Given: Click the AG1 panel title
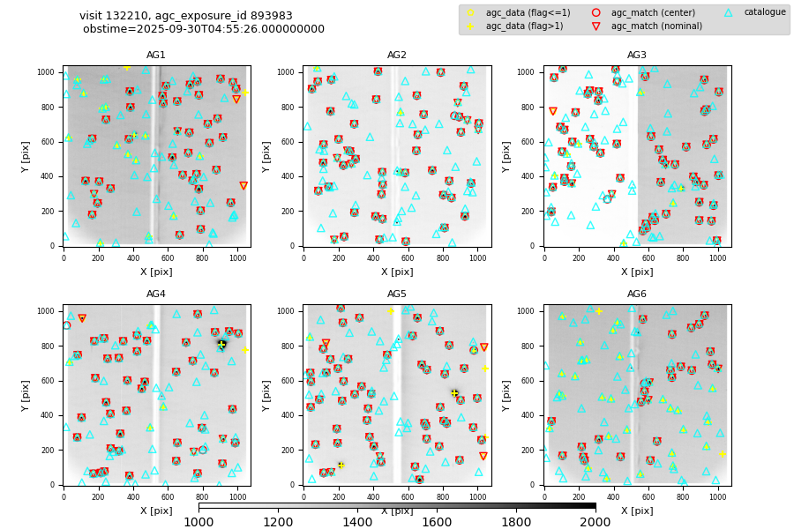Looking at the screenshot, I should click(x=156, y=56).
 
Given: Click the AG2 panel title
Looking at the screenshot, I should click(x=397, y=56).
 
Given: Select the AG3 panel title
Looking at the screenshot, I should click(x=637, y=56).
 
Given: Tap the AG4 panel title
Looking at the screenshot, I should click(x=156, y=294).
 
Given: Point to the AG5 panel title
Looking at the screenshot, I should click(x=397, y=294).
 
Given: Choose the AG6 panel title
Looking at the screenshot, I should click(x=637, y=294).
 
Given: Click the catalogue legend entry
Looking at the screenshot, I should click(x=764, y=12).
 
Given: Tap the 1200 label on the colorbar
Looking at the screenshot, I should click(x=278, y=522).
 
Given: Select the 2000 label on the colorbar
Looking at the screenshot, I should click(x=595, y=522).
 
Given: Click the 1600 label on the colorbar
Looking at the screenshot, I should click(x=437, y=522).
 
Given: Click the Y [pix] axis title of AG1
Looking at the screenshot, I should click(x=26, y=156).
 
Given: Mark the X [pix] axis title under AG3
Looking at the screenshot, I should click(x=637, y=272).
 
